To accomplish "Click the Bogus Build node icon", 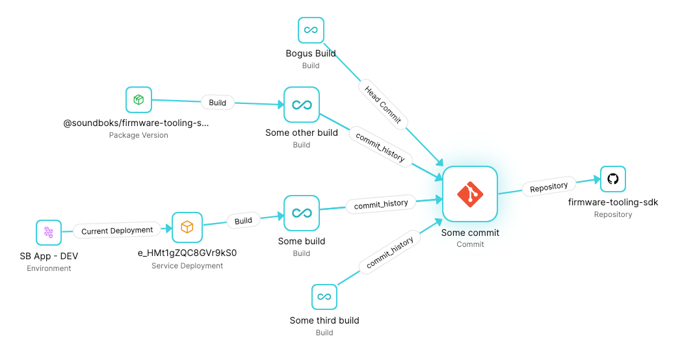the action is pos(311,30).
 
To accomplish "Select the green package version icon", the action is pos(138,99).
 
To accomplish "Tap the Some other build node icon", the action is pos(302,105).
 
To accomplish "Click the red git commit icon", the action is pos(470,194).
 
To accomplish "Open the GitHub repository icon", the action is pos(613,179).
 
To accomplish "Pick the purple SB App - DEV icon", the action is pos(49,233).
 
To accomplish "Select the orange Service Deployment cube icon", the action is pos(187,227).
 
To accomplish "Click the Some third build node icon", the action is pos(324,297).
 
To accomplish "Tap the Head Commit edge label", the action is pos(383,105).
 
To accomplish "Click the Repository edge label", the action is pos(549,187).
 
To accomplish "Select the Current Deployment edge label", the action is pos(117,231).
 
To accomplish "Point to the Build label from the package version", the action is pos(218,103).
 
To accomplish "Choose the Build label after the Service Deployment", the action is pos(243,221).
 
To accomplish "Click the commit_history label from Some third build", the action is pos(389,253).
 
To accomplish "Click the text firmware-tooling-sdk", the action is pos(613,202).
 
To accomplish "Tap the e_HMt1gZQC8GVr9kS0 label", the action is pos(187,253).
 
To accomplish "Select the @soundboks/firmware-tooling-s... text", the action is pos(136,123).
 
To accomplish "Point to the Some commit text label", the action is pos(470,233).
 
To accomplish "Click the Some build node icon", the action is pos(302,213).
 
